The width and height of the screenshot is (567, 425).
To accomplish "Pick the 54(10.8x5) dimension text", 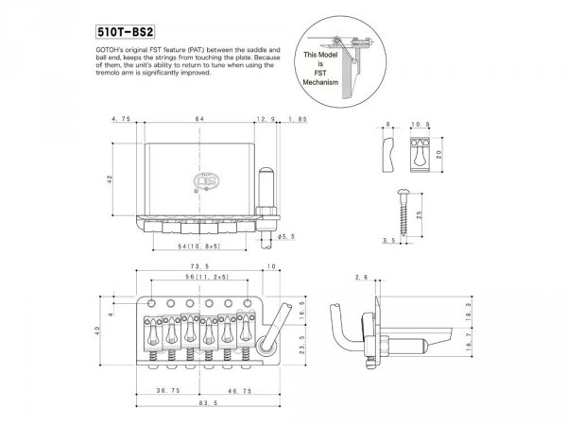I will click(199, 246).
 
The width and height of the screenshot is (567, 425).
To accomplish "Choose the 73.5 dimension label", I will click(199, 267).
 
